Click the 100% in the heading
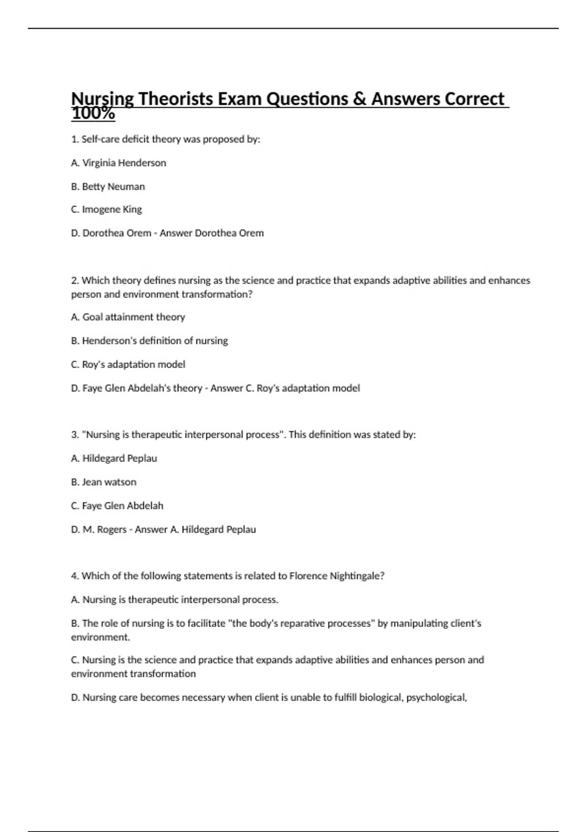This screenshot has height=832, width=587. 93,114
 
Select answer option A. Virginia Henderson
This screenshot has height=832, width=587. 118,163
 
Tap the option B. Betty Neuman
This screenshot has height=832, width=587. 108,186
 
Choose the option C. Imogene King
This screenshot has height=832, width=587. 107,209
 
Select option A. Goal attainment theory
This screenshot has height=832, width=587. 128,317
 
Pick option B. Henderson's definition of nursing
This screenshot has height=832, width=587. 149,341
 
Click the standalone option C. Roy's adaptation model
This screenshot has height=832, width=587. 128,365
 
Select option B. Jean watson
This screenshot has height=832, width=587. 104,482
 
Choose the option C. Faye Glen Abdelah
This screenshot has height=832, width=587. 117,506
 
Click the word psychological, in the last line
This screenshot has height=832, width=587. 436,697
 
